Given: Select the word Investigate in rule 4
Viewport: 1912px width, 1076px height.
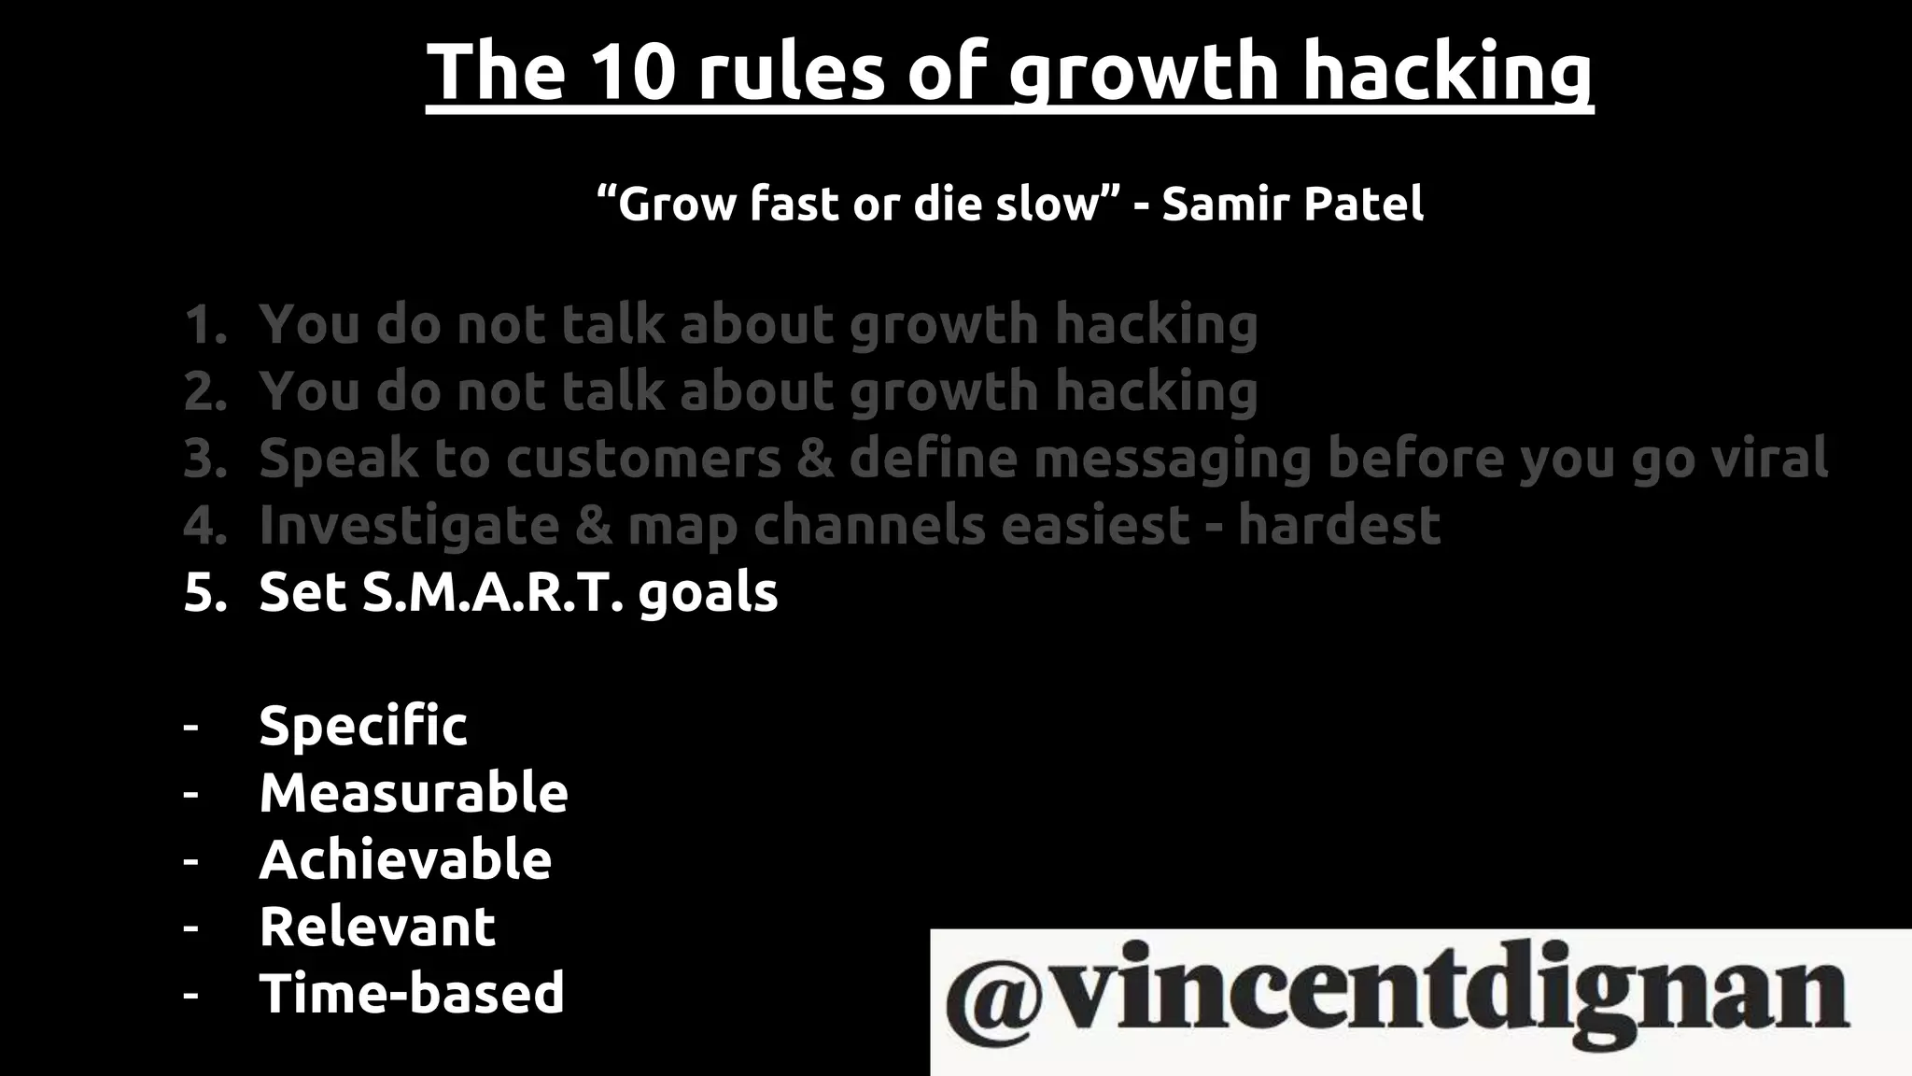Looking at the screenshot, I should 409,525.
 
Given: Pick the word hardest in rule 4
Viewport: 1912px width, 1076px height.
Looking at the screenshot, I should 1339,525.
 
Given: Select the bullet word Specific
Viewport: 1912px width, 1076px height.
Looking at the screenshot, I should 363,727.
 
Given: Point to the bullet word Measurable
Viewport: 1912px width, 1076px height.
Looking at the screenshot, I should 414,793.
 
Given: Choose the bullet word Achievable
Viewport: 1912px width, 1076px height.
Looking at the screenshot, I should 405,860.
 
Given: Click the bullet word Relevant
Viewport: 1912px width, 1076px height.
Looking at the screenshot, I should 377,927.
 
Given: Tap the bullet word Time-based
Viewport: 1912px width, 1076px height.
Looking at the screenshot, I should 412,993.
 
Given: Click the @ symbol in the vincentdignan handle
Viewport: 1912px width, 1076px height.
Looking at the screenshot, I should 995,997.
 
